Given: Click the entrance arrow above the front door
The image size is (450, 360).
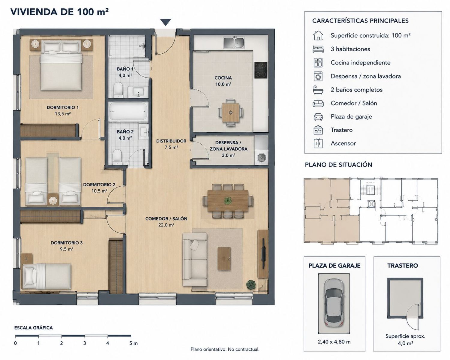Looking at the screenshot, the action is [166, 22].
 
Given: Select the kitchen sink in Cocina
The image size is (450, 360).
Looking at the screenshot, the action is [234, 43].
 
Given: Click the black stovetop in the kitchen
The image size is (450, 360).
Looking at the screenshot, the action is [261, 70].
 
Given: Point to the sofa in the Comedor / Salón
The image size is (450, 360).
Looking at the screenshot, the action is [195, 259].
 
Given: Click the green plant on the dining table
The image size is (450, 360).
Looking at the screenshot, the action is [228, 201].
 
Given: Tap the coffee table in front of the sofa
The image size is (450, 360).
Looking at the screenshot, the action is [224, 259].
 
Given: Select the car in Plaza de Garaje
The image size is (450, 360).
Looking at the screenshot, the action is [334, 303].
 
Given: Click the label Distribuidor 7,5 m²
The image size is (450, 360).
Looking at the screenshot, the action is [171, 144].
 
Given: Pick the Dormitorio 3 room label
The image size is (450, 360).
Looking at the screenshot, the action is [67, 246].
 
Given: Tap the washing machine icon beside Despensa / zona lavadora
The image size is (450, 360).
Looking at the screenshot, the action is [318, 76].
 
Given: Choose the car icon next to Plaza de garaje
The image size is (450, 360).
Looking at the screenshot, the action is [318, 117].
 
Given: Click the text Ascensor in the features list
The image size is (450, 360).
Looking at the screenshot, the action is [343, 143].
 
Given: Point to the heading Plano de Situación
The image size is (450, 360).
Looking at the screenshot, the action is [338, 165].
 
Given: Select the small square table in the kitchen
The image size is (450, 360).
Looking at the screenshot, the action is [230, 112].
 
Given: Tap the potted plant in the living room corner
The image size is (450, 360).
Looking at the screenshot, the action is [251, 285].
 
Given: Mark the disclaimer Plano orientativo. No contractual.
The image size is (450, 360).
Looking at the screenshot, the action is [225, 349].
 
